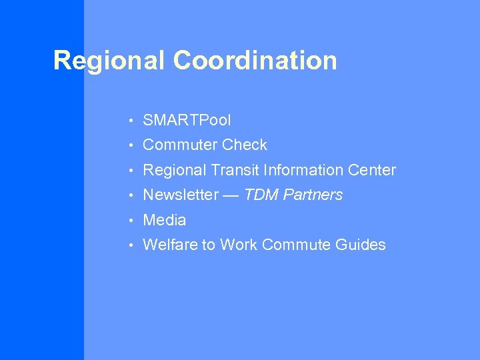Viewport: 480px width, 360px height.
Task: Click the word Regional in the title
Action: coord(110,61)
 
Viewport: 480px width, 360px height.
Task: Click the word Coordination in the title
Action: coord(255,61)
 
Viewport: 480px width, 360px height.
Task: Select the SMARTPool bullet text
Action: coord(187,121)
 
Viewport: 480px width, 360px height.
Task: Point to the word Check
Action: coord(245,145)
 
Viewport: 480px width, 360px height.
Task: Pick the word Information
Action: coord(303,171)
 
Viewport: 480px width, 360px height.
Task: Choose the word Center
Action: coord(372,171)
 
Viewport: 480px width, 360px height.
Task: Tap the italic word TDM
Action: coord(260,195)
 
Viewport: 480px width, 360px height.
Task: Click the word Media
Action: coord(165,220)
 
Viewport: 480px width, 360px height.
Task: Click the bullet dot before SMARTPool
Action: coord(133,121)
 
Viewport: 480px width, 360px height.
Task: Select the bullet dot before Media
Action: coord(133,221)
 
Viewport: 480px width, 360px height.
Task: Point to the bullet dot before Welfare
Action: coord(133,245)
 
